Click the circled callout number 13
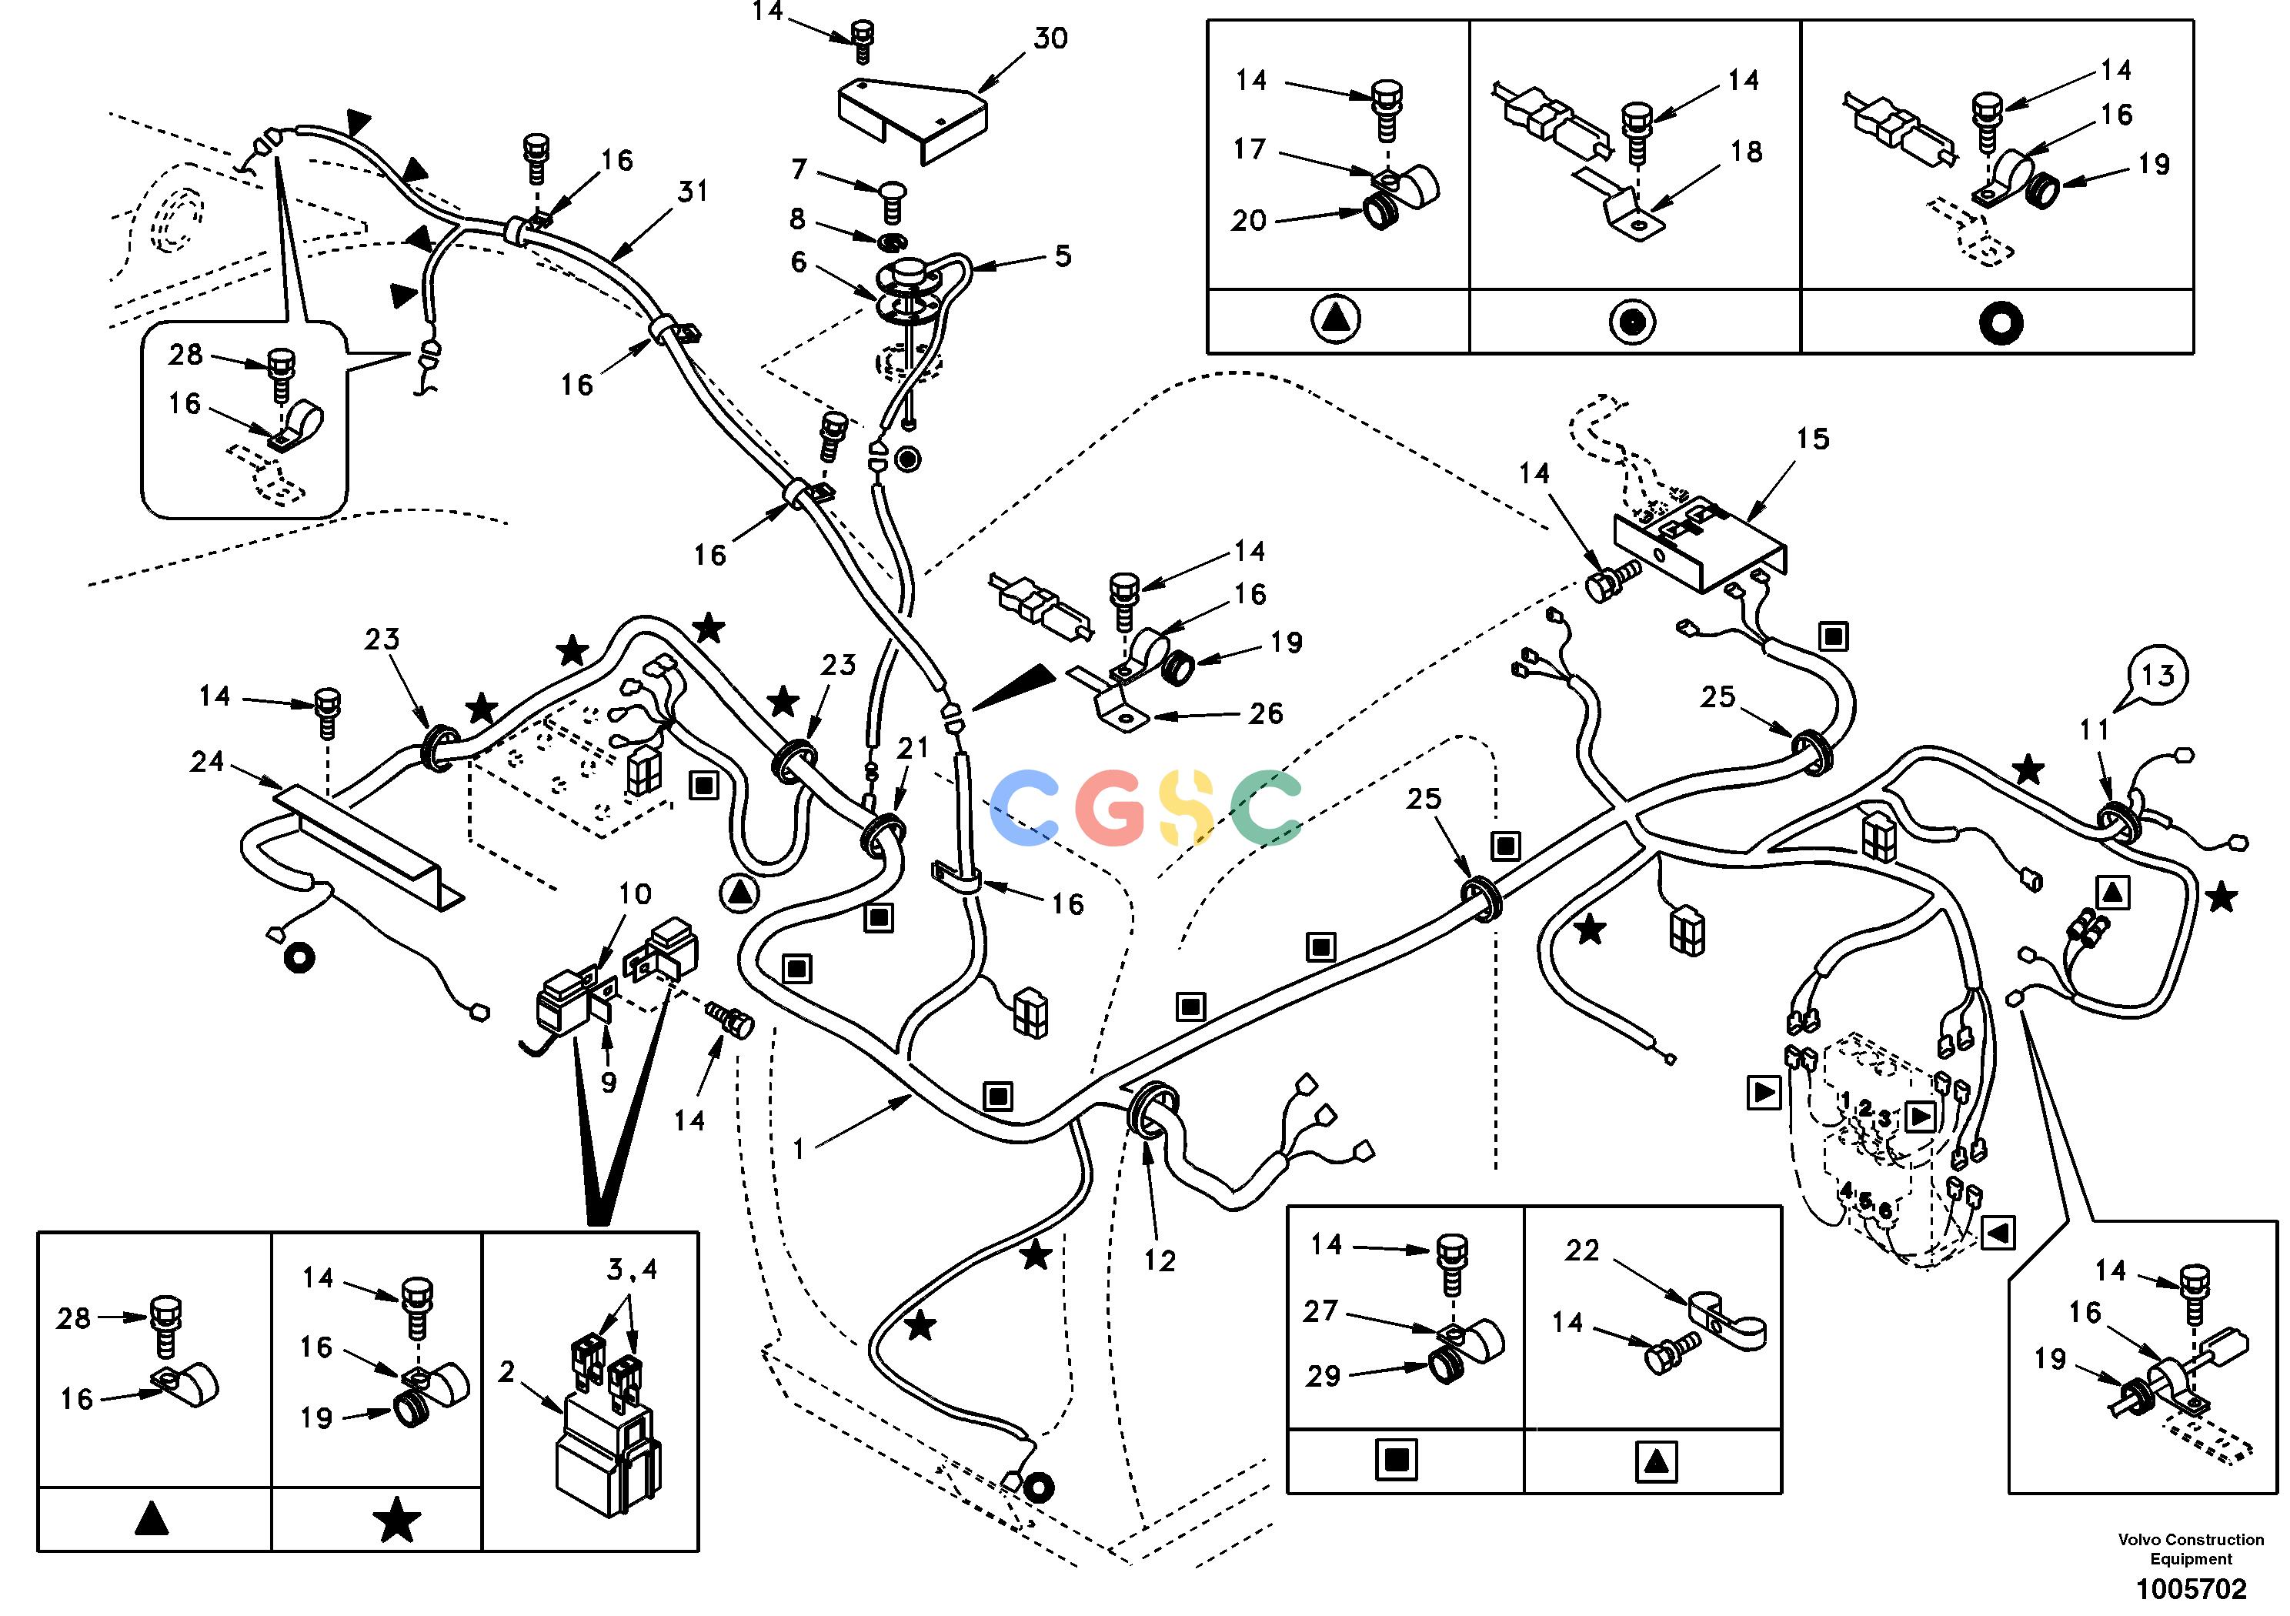pos(2158,676)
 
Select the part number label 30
pos(1051,39)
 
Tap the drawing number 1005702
pos(2192,1588)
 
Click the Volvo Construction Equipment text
pos(2192,1549)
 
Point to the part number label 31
pos(693,191)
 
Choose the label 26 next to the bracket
pos(1266,713)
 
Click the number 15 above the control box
pos(1813,439)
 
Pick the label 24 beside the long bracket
pos(208,762)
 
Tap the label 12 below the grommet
pos(1160,1261)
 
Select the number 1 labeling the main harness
pos(798,1150)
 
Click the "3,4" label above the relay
pos(633,1270)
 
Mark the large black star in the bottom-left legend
pos(397,1519)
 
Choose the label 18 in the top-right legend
pos(1747,152)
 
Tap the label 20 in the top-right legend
pos(1249,220)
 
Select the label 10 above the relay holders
pos(636,893)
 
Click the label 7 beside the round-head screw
pos(799,169)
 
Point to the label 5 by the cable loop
pos(1063,256)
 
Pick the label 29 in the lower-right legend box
pos(1324,1376)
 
